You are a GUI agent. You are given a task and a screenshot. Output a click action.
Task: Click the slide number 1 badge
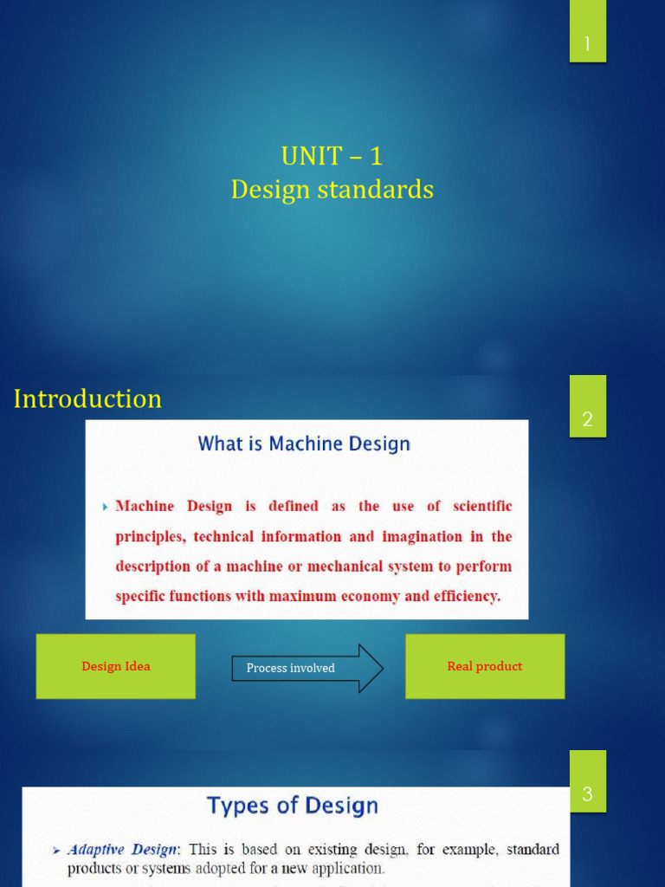tap(587, 43)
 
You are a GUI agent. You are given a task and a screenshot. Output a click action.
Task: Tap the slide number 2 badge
tap(587, 418)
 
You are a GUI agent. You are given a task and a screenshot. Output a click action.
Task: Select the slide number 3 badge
tap(587, 793)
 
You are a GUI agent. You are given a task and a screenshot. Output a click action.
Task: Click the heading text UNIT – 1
tap(332, 157)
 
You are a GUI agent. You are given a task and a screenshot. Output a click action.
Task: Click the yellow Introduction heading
tap(87, 398)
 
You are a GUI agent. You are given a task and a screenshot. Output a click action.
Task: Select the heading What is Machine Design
tap(304, 444)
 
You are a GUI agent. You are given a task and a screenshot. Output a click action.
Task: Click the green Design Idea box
tap(115, 666)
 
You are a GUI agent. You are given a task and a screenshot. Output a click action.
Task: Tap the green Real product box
tap(485, 666)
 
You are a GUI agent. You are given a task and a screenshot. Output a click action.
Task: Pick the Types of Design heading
tap(293, 806)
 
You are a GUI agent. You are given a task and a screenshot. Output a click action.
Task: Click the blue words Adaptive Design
tap(122, 850)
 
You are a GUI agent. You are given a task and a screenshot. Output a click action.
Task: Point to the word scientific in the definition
tap(477, 506)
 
